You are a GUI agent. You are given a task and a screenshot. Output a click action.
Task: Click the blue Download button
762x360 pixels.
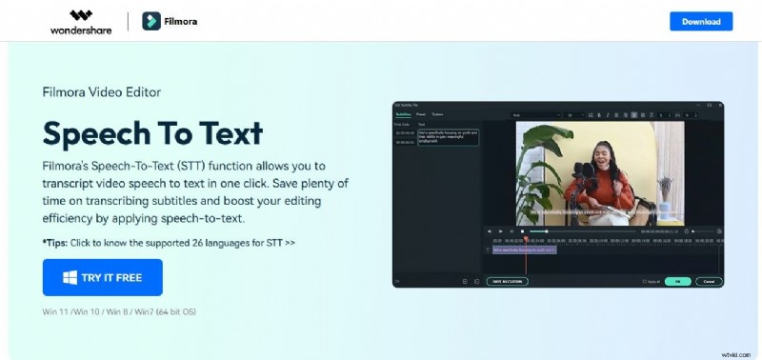701,21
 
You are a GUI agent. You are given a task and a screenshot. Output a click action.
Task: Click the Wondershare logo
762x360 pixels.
81,21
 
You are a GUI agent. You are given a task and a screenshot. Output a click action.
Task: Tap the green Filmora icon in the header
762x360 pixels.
150,21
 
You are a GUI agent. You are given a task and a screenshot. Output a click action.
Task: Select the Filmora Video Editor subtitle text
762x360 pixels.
102,92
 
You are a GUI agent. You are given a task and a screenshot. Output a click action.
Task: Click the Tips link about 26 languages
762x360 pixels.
169,242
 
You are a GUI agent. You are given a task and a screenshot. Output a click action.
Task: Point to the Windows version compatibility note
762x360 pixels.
119,311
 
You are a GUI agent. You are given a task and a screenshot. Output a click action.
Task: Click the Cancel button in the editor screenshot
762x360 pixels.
708,282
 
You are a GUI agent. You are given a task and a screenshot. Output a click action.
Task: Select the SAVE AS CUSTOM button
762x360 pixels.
507,282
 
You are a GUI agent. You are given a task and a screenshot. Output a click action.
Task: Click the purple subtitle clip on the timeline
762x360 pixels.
524,250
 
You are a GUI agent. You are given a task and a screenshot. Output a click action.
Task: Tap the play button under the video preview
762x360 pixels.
500,231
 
